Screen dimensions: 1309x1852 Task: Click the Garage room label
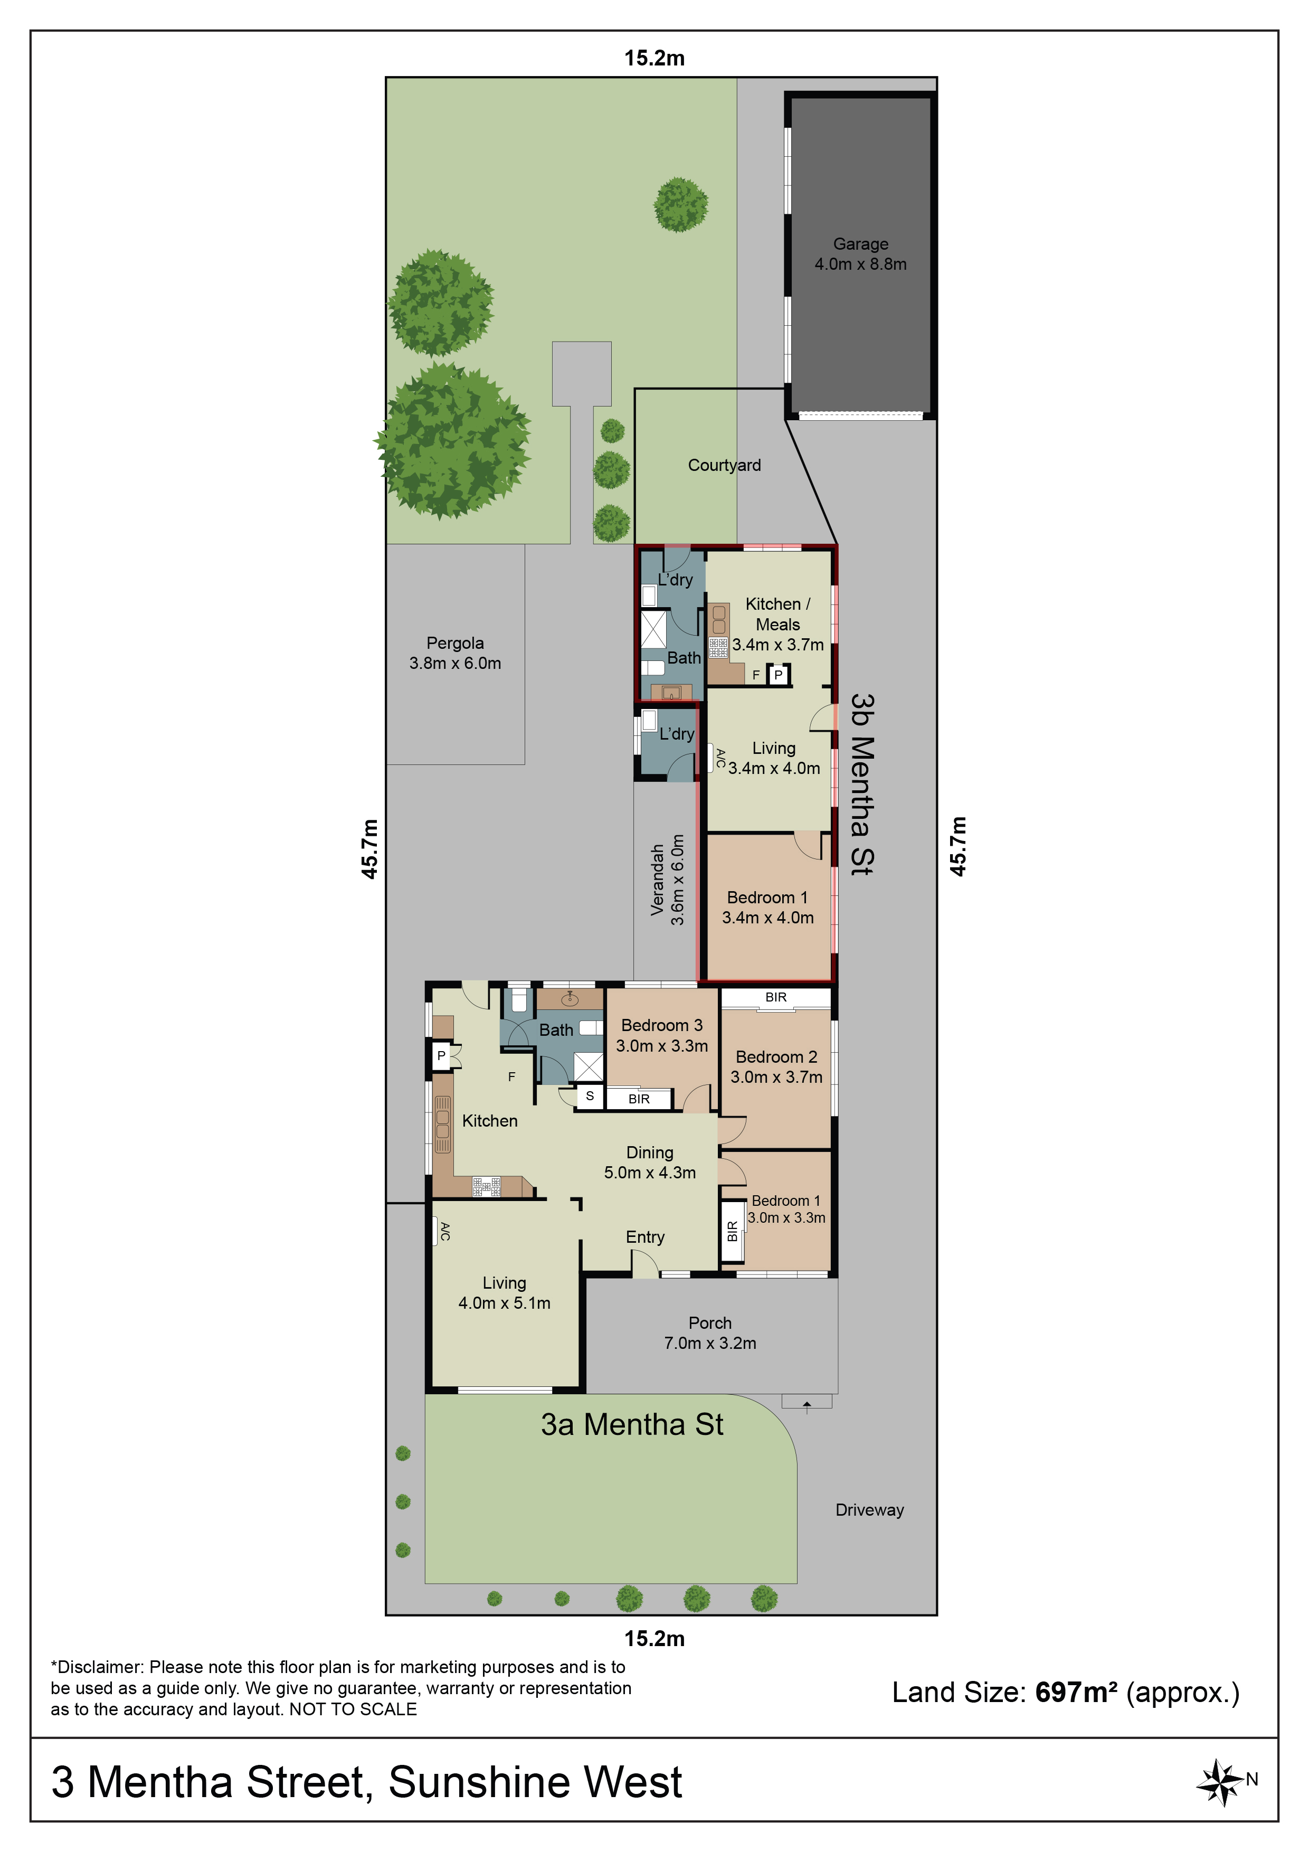860,253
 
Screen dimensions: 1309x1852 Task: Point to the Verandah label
657,879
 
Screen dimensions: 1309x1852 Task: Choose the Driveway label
869,1509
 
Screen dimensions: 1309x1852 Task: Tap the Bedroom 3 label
661,1025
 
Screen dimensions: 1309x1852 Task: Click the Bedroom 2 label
776,1057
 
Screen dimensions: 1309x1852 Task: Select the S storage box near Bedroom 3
590,1096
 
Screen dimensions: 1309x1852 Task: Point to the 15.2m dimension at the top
654,58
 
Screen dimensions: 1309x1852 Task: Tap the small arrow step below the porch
807,1401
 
